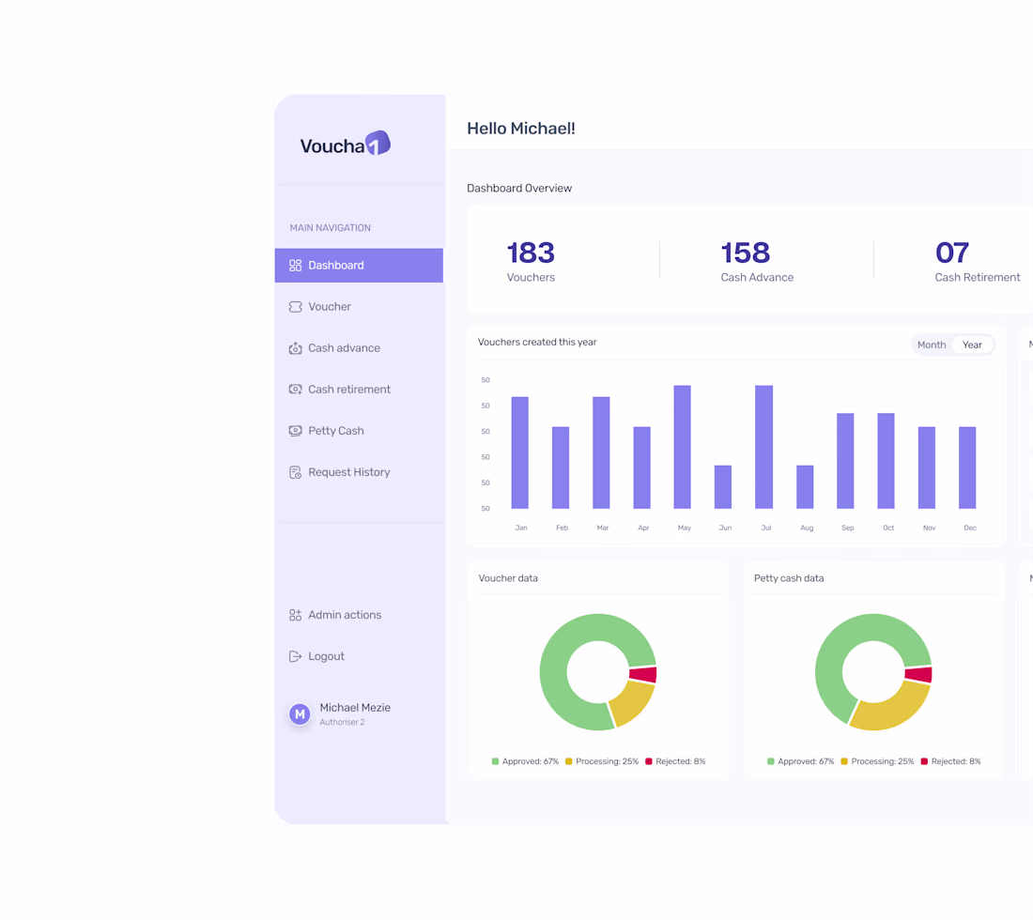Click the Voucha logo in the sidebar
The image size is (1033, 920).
click(x=346, y=144)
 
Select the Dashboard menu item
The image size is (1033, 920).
click(x=359, y=266)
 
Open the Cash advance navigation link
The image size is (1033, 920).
click(x=334, y=348)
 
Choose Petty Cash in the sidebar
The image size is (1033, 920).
click(x=326, y=431)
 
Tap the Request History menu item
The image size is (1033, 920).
click(x=339, y=472)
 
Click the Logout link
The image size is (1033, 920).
click(x=316, y=656)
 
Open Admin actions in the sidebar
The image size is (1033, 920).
click(x=335, y=615)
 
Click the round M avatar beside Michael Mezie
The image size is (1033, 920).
click(x=300, y=713)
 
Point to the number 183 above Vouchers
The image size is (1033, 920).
click(x=531, y=253)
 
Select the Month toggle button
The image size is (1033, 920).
click(x=932, y=345)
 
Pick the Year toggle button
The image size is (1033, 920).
click(x=972, y=345)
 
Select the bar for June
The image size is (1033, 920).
click(x=723, y=487)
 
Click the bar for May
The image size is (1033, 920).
click(x=683, y=447)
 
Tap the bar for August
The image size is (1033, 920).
click(x=805, y=487)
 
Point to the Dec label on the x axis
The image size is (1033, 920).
click(x=970, y=529)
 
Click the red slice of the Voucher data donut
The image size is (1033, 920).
click(x=643, y=675)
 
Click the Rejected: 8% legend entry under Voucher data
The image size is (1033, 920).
click(x=675, y=761)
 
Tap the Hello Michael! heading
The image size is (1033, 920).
click(x=521, y=129)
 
